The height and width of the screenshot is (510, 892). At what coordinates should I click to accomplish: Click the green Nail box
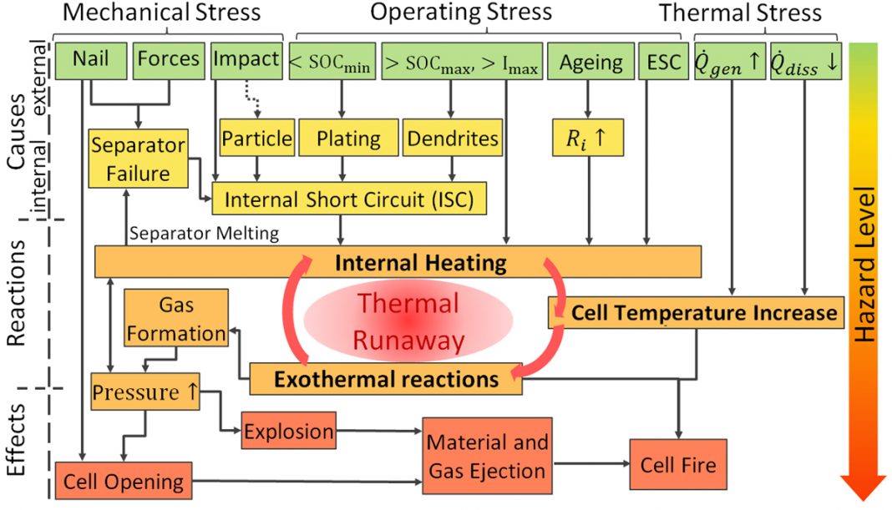(90, 60)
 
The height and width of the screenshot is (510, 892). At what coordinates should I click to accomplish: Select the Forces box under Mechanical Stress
(169, 60)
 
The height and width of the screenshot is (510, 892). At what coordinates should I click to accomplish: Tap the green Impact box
(246, 60)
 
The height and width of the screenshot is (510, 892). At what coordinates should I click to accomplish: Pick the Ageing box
(590, 61)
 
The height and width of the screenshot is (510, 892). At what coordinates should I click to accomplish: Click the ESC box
(663, 61)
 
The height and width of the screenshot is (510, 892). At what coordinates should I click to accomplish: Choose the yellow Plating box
(348, 138)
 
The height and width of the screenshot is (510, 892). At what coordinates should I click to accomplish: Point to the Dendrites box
(452, 138)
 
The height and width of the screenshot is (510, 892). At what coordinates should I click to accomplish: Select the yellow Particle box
(257, 138)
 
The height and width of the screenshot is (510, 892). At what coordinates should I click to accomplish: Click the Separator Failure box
(139, 159)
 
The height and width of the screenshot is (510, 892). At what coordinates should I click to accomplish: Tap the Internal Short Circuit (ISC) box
(349, 199)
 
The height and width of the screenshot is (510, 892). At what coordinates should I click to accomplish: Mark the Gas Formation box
(176, 318)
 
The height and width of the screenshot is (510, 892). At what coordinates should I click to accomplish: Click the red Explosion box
(288, 431)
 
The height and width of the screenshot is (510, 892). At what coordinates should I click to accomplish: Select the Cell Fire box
(678, 464)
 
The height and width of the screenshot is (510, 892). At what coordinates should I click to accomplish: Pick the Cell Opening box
(124, 481)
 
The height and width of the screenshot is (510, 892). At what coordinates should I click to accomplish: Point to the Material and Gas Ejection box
(487, 456)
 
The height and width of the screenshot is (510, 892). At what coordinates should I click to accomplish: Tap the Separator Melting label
(205, 233)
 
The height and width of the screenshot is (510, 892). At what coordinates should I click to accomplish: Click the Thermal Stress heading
(740, 13)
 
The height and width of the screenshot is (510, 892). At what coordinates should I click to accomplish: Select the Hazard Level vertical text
(864, 265)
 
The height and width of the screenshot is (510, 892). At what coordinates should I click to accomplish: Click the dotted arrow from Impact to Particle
(252, 99)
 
